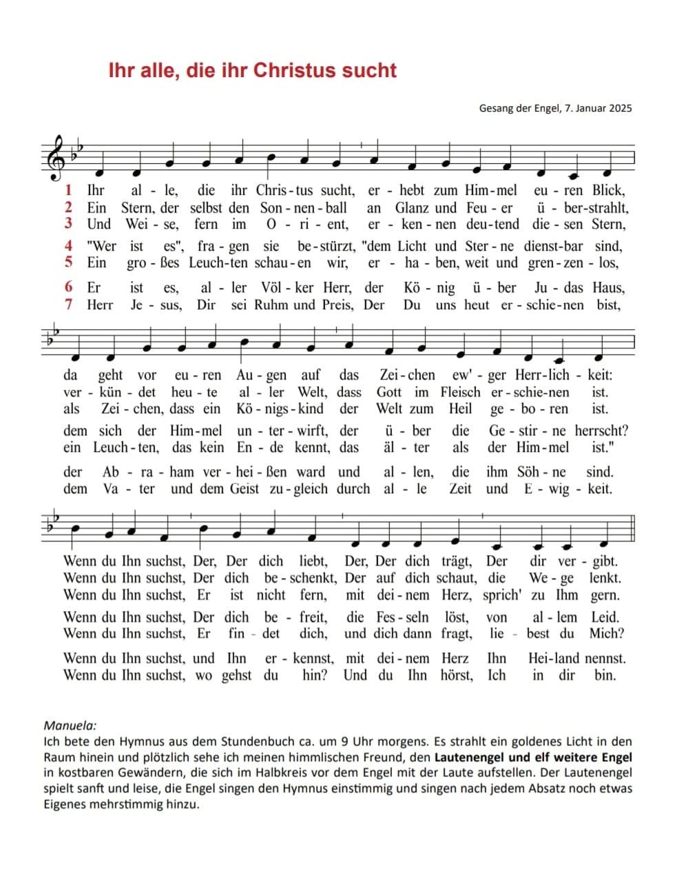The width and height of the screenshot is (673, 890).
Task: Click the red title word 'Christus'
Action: (295, 70)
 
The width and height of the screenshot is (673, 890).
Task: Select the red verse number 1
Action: (68, 190)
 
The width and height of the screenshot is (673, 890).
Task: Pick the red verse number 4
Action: (68, 245)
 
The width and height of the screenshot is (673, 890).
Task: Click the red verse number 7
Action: (68, 304)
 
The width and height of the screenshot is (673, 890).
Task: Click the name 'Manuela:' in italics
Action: (70, 725)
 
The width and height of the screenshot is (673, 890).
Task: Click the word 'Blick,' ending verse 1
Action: (608, 191)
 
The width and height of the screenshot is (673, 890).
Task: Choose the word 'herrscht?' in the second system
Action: (601, 431)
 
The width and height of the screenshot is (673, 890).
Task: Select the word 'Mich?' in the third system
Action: (606, 633)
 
